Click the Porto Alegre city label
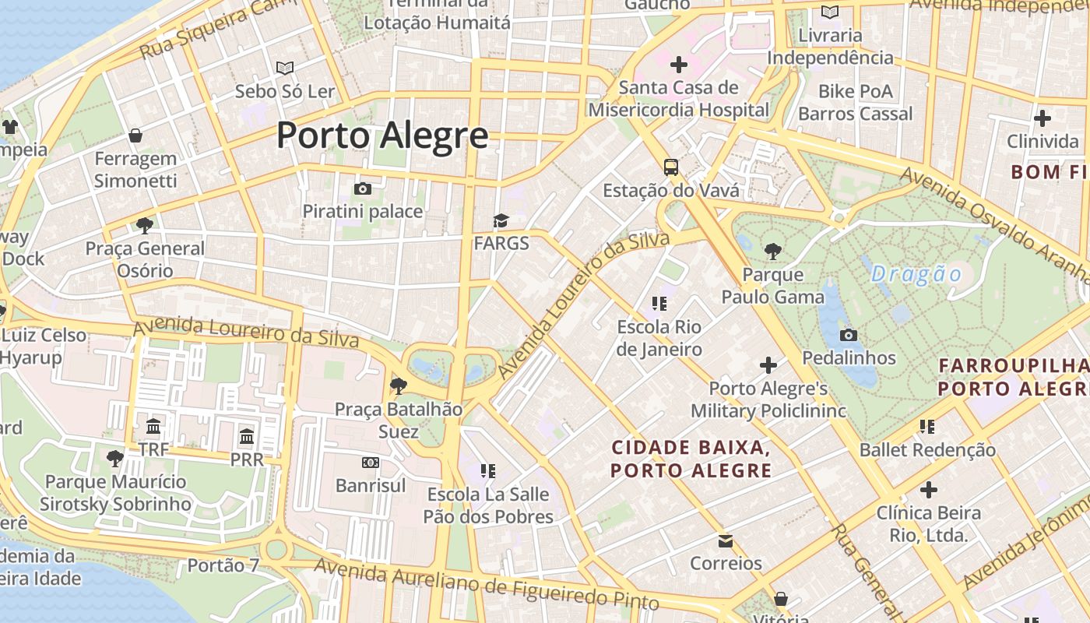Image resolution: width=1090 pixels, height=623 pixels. point(382,136)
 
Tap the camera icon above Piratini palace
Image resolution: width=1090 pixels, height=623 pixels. point(362,188)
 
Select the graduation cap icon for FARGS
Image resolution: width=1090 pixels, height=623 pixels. point(501,221)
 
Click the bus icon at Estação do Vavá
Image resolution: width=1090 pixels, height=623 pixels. point(670,167)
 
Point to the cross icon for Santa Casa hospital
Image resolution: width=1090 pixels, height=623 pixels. point(679,65)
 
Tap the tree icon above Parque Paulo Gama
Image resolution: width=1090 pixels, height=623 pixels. point(772,252)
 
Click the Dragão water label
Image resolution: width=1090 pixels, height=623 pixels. point(916,274)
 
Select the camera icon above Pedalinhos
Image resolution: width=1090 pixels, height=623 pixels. point(849,336)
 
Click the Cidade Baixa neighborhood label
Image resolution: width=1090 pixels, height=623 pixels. point(691,459)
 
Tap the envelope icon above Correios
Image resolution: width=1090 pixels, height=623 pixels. point(726,540)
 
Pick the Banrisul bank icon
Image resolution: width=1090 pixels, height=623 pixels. point(371,463)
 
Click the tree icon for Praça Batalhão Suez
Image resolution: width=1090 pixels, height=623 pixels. point(398,385)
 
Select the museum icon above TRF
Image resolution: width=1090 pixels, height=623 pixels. point(153,427)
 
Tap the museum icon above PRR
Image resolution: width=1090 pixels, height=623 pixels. point(247,436)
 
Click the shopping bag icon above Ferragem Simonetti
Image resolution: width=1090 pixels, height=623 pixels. point(135,136)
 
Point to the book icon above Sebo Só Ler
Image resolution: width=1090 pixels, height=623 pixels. point(285,69)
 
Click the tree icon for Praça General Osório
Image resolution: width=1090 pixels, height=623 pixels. point(144,226)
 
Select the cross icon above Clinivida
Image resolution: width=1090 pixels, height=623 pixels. point(1042,118)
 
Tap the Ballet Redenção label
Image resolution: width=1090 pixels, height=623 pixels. point(927,449)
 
